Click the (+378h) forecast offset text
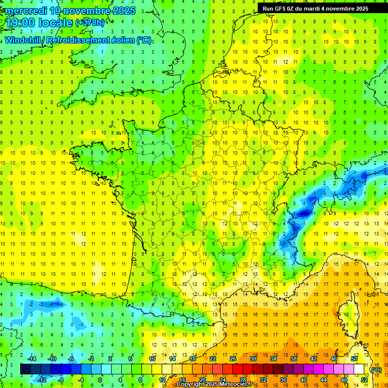[90, 23]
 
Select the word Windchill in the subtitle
[24, 40]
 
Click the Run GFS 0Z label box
[316, 9]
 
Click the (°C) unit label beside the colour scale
[376, 370]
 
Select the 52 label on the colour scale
[364, 380]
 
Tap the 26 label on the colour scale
[233, 359]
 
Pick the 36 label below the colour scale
[283, 380]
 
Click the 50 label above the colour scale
[354, 359]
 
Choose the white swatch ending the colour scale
[359, 369]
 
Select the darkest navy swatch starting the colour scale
[25, 369]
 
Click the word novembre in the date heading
[85, 11]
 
